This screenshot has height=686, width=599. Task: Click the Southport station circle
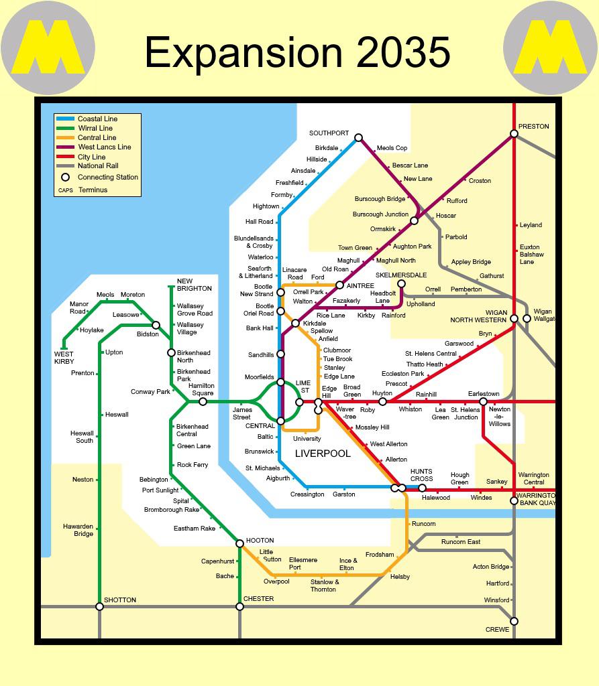point(358,137)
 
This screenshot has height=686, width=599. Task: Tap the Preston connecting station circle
point(514,134)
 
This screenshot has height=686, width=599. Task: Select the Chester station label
point(258,599)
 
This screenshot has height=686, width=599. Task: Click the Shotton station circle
point(99,606)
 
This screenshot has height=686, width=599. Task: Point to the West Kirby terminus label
point(64,358)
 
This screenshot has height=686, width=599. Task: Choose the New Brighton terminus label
point(194,285)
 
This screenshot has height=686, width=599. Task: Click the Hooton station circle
point(239,543)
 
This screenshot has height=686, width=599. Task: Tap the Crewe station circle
point(514,621)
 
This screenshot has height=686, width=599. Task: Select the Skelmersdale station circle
point(401,284)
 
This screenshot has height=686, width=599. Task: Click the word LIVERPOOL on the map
point(323,454)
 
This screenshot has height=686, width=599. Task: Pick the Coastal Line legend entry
point(97,119)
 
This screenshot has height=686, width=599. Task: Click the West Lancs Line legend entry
point(104,147)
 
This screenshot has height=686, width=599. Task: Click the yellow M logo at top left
point(48,48)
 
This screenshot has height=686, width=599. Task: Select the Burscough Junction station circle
point(414,220)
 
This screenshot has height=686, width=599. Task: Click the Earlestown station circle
point(483,402)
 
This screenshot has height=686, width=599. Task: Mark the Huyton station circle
point(382,402)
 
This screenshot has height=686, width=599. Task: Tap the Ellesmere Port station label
point(303,563)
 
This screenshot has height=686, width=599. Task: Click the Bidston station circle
point(156,325)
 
